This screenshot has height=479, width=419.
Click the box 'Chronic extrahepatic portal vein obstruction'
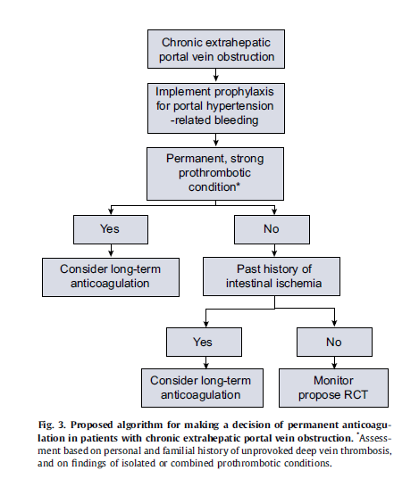[216, 49]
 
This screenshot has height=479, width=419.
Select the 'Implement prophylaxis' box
[216, 108]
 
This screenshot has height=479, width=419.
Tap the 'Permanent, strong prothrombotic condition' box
[215, 174]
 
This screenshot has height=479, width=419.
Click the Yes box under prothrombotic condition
[111, 229]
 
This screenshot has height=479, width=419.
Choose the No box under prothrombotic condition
[272, 229]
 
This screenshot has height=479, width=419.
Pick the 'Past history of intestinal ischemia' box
[272, 277]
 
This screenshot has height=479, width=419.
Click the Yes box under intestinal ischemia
[205, 342]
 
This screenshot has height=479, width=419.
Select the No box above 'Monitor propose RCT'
[334, 342]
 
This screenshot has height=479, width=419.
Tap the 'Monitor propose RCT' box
[333, 388]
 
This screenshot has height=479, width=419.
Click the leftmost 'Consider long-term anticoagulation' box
[111, 277]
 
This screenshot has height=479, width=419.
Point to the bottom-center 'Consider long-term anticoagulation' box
[202, 388]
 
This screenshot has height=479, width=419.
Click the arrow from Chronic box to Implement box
[216, 75]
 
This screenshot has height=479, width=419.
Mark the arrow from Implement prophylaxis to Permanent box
[216, 140]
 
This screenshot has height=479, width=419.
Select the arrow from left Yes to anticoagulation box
[111, 250]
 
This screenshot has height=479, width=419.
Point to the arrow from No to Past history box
[274, 250]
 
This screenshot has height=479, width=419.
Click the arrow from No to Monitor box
[334, 362]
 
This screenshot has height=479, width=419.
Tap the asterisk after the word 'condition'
[239, 185]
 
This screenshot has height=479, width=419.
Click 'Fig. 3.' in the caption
[52, 425]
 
